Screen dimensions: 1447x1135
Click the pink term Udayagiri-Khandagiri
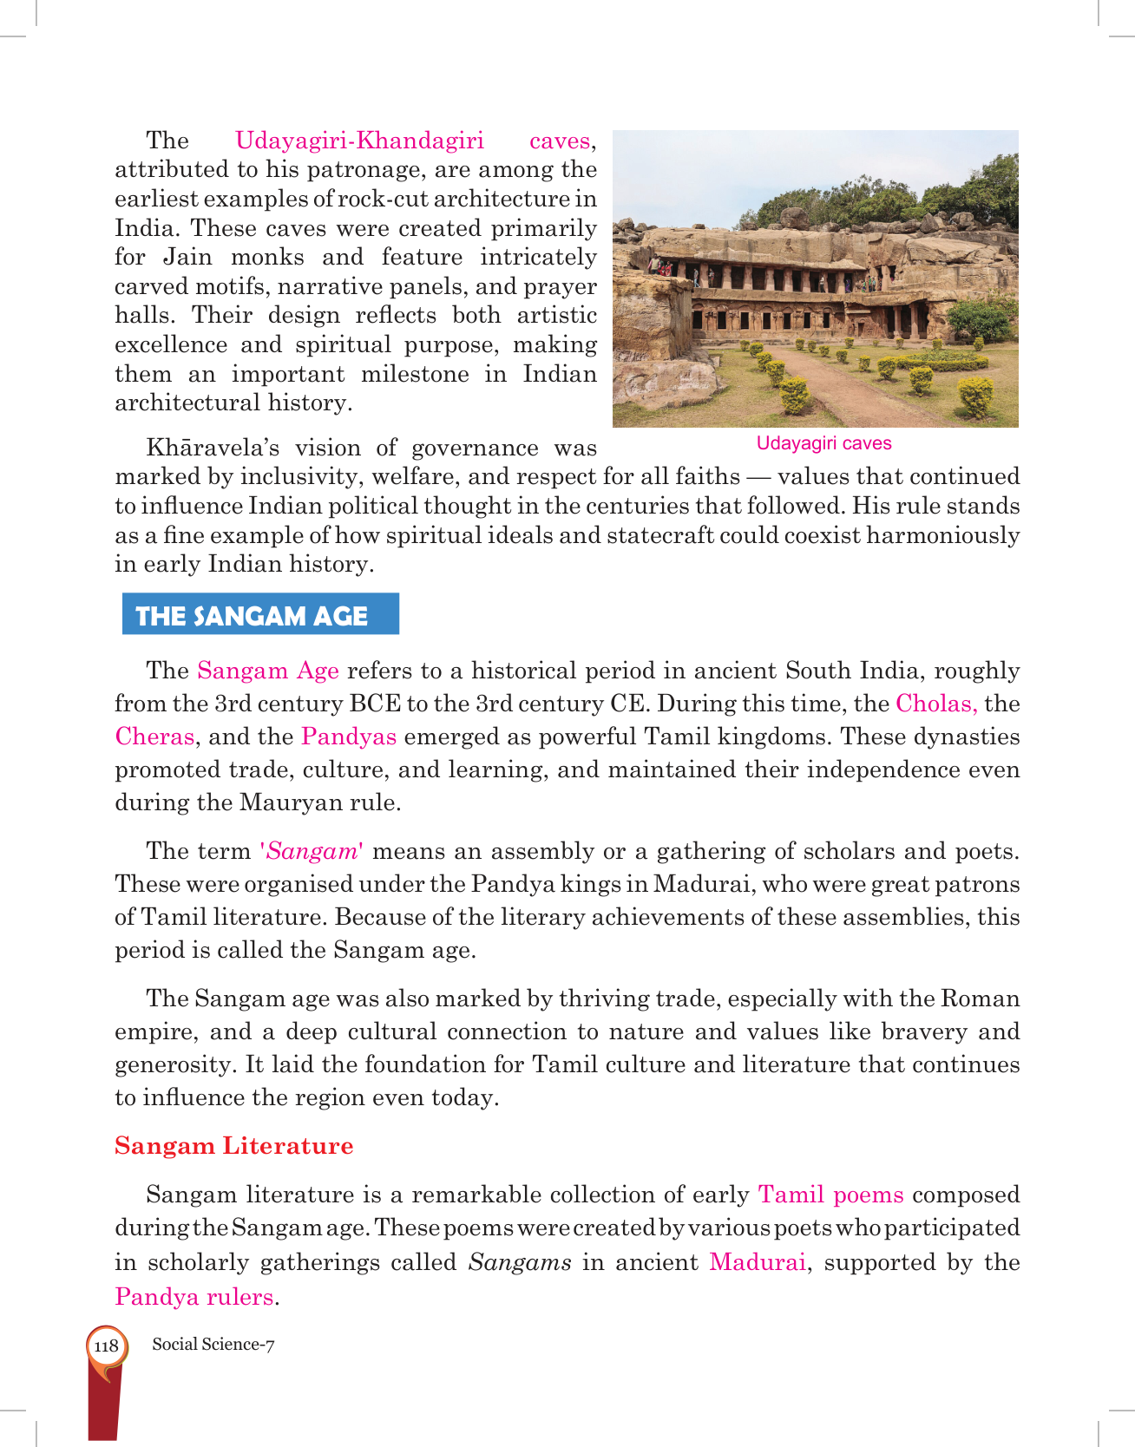pyautogui.click(x=359, y=141)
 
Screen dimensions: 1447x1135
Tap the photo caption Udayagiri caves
pyautogui.click(x=823, y=443)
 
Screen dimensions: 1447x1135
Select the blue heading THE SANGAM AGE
pyautogui.click(x=252, y=615)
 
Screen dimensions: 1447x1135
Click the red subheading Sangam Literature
pyautogui.click(x=234, y=1146)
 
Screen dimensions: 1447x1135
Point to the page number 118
pyautogui.click(x=106, y=1346)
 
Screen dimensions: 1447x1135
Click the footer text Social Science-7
pyautogui.click(x=213, y=1345)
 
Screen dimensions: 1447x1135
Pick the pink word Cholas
pyautogui.click(x=935, y=704)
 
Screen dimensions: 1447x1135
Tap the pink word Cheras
pyautogui.click(x=154, y=737)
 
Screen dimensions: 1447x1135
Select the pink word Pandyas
pyautogui.click(x=349, y=737)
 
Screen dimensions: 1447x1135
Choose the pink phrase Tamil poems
pyautogui.click(x=830, y=1195)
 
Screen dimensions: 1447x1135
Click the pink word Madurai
pyautogui.click(x=758, y=1262)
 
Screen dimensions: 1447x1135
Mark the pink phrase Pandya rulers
pyautogui.click(x=194, y=1297)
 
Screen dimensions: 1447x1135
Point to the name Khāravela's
pyautogui.click(x=213, y=449)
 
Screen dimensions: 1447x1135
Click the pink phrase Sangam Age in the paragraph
pyautogui.click(x=268, y=671)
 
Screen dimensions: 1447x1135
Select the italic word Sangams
pyautogui.click(x=520, y=1262)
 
